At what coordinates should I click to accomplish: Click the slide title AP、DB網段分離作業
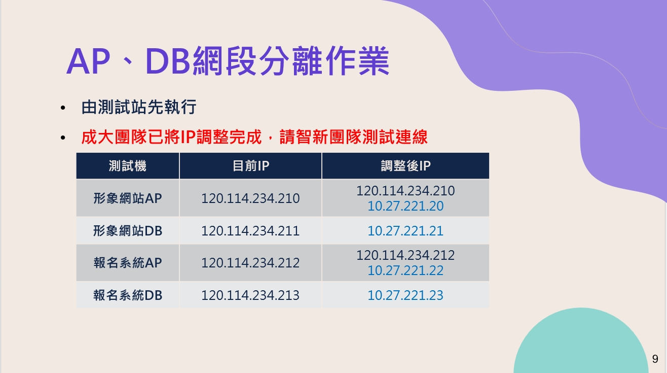tap(228, 61)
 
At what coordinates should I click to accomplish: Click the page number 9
tap(655, 359)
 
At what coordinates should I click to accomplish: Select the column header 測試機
tap(127, 166)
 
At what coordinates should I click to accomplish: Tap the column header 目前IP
tap(251, 166)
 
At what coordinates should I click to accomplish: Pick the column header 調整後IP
tap(405, 166)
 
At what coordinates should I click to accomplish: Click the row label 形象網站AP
tap(127, 198)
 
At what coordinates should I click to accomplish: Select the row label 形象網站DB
tap(127, 231)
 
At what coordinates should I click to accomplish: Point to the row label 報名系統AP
tap(127, 263)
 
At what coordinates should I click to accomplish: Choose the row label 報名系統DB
tap(127, 295)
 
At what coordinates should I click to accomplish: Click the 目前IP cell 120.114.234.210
tap(250, 198)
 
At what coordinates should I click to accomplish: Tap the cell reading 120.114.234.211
tap(250, 231)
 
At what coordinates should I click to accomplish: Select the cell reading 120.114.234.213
tap(250, 295)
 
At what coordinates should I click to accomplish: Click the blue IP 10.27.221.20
tap(405, 206)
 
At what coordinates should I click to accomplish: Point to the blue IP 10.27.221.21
tap(405, 231)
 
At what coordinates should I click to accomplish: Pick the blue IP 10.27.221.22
tap(405, 270)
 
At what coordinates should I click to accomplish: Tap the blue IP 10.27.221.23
tap(405, 295)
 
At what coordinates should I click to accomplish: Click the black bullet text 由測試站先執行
tap(139, 107)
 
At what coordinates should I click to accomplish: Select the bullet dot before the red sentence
tap(63, 138)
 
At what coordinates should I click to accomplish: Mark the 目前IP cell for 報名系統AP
tap(250, 263)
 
